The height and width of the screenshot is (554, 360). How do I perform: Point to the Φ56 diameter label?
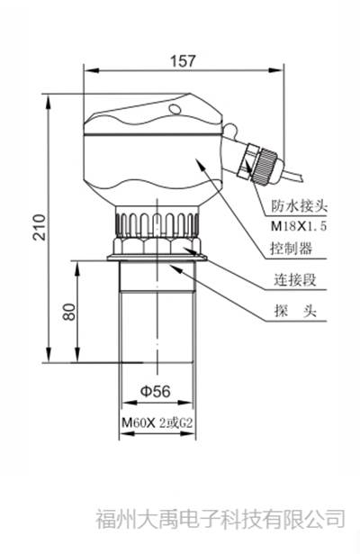tap(157, 391)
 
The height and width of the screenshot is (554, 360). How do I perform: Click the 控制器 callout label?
tap(291, 249)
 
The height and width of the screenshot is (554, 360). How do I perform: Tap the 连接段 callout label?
tap(291, 281)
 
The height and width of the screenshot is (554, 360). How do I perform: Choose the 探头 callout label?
tap(291, 313)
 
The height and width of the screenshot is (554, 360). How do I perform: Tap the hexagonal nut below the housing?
tap(158, 247)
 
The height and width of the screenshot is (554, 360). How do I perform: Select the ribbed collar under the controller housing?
tap(158, 222)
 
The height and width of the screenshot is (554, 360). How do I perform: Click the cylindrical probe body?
tap(158, 324)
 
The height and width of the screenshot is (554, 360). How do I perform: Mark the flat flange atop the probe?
tap(158, 260)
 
